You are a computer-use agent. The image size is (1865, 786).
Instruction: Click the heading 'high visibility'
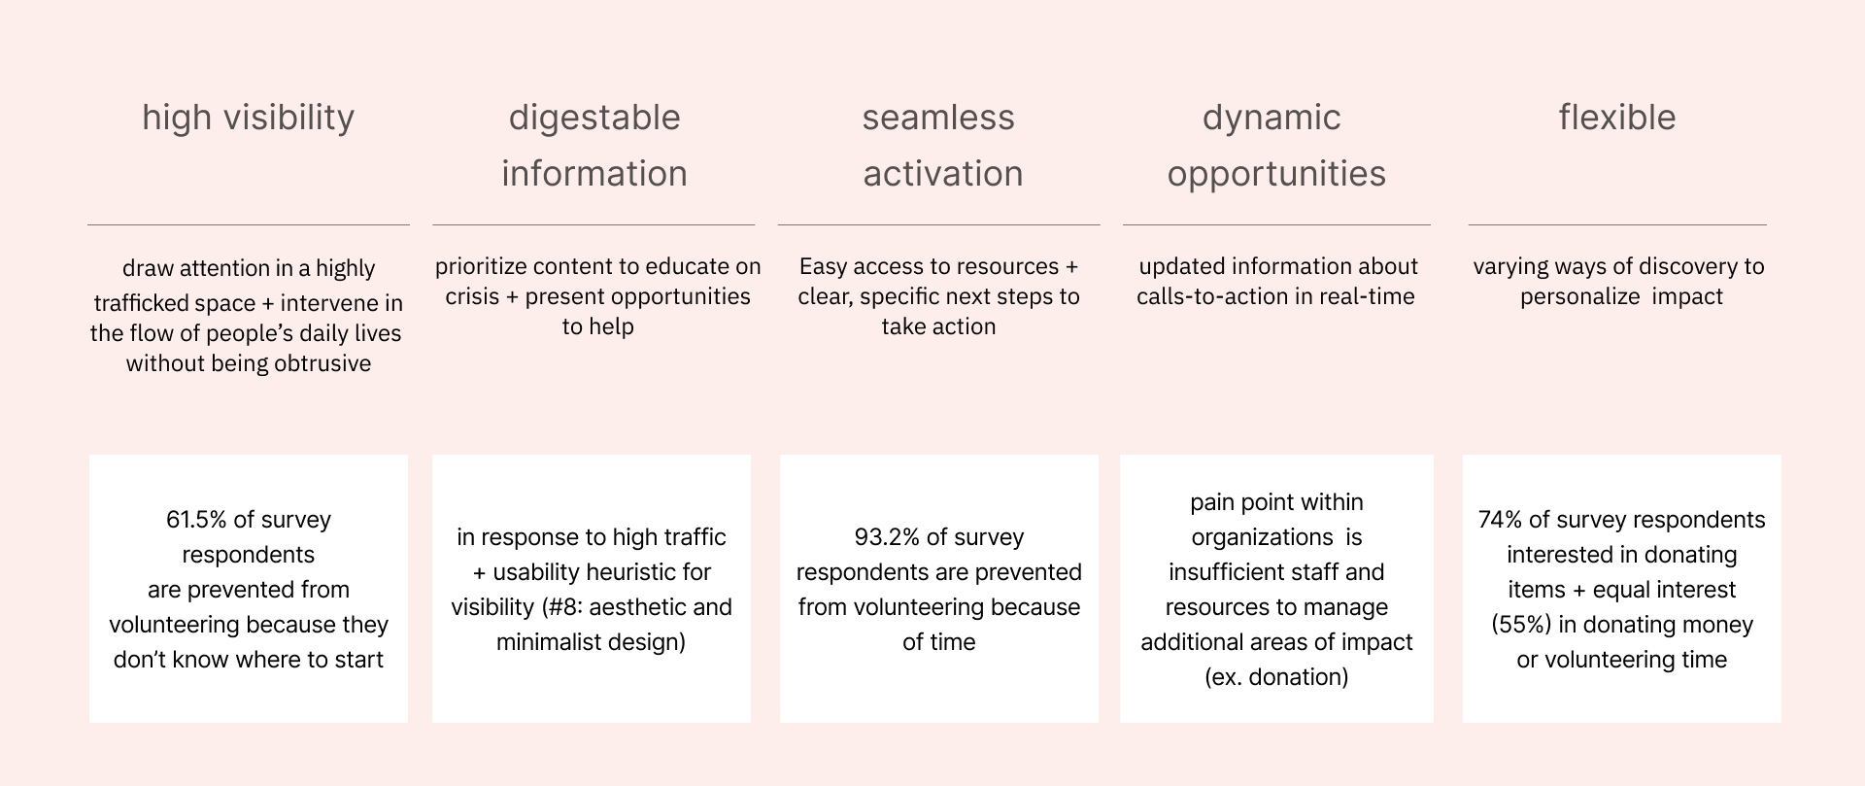(x=249, y=119)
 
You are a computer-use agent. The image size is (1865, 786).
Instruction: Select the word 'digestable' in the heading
(x=594, y=119)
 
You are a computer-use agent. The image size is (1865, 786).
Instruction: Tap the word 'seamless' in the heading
(x=938, y=118)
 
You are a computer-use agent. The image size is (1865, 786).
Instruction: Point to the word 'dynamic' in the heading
(x=1272, y=119)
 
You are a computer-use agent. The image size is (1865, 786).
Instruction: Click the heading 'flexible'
(x=1617, y=118)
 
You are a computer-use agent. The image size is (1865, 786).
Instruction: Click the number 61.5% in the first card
(x=196, y=520)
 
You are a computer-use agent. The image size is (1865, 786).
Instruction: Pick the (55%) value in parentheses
(x=1522, y=625)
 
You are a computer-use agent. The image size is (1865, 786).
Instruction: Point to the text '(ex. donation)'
(x=1276, y=677)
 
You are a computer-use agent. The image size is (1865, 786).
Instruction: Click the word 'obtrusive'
(x=322, y=363)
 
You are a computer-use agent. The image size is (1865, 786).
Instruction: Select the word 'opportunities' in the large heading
(x=1276, y=175)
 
